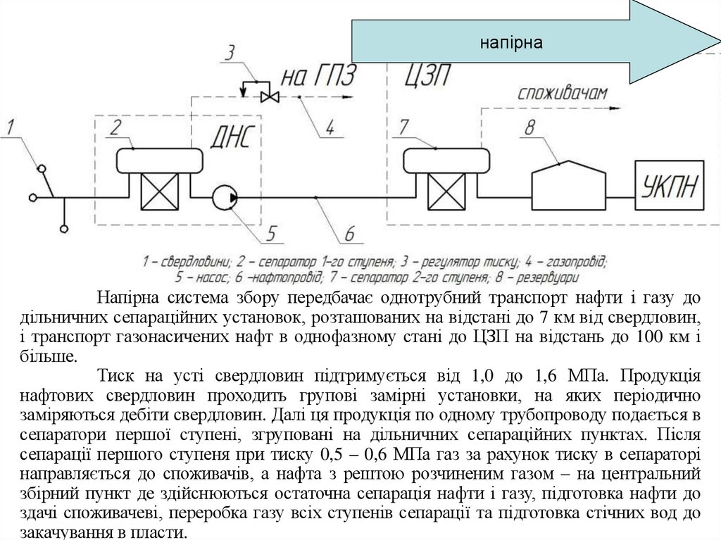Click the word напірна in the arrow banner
click(x=512, y=43)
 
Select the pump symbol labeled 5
click(x=225, y=197)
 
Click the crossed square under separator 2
click(x=158, y=190)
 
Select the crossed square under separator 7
click(x=445, y=190)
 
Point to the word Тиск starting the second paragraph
click(x=116, y=373)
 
